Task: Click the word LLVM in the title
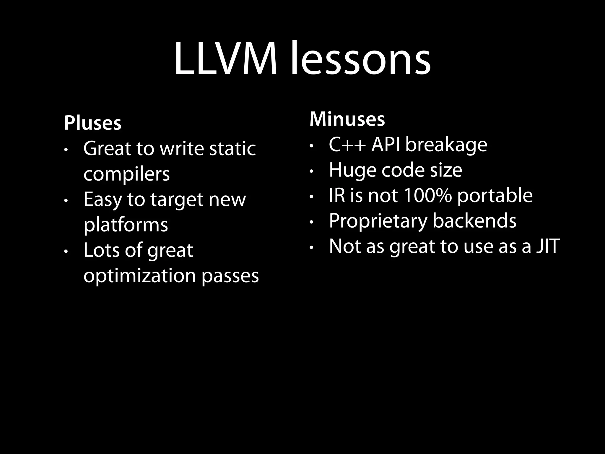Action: click(226, 59)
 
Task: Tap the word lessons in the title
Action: click(360, 59)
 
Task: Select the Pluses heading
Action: click(92, 123)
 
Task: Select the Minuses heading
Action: click(347, 119)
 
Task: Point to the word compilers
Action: click(126, 174)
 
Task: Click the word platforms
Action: click(126, 225)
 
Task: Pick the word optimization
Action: click(140, 276)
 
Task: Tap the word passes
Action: click(230, 276)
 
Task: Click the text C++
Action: click(347, 145)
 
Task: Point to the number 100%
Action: click(427, 195)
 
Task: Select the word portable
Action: click(495, 195)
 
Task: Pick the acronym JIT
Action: click(548, 246)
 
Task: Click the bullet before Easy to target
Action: click(66, 201)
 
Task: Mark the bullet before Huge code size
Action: click(311, 171)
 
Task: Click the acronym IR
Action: click(337, 195)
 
